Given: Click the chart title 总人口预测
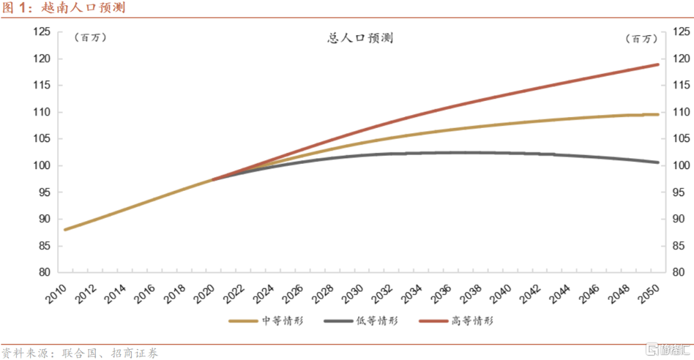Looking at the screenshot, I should pyautogui.click(x=360, y=38).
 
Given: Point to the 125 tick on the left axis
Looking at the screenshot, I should pyautogui.click(x=42, y=32).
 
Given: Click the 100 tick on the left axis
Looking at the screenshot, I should pyautogui.click(x=42, y=166).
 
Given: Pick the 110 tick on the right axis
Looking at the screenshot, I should pyautogui.click(x=680, y=113).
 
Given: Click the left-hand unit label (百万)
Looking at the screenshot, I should pyautogui.click(x=90, y=38).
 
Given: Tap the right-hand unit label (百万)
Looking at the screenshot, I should pyautogui.click(x=642, y=39).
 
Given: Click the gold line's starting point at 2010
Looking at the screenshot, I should pyautogui.click(x=65, y=230).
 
